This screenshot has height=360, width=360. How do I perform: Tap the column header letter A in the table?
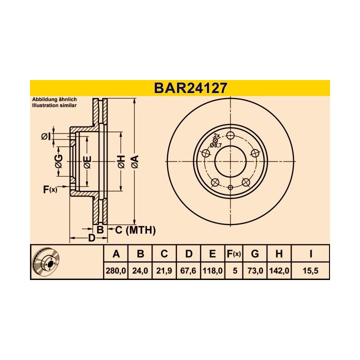pos(116,254)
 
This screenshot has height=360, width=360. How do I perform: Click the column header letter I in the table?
pos(310,254)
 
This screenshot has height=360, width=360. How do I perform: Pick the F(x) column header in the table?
pos(233,254)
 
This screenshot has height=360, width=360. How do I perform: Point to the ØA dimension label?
pos(134,161)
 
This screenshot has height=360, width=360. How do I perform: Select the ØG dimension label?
pos(59,161)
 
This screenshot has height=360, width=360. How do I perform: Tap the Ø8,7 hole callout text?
pos(215,145)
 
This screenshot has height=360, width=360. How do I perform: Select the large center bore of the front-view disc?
pos(230,161)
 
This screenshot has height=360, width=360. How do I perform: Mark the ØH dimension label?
pos(120,161)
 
